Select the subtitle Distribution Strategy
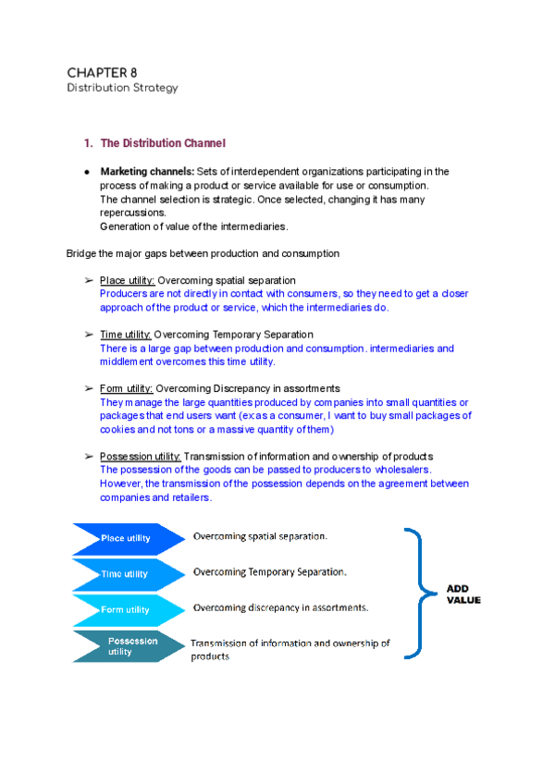(x=122, y=89)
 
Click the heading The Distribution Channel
(x=162, y=143)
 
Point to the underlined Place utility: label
(x=128, y=280)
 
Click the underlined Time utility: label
(x=126, y=335)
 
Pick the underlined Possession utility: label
(x=141, y=457)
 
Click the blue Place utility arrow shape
(x=128, y=538)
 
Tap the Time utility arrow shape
(x=128, y=574)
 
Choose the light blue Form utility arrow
(x=128, y=610)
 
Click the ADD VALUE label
(x=463, y=594)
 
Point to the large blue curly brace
(x=421, y=593)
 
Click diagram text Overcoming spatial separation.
(x=260, y=536)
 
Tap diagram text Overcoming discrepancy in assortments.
(x=280, y=607)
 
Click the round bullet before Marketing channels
(x=85, y=173)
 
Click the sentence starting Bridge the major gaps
(x=203, y=253)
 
